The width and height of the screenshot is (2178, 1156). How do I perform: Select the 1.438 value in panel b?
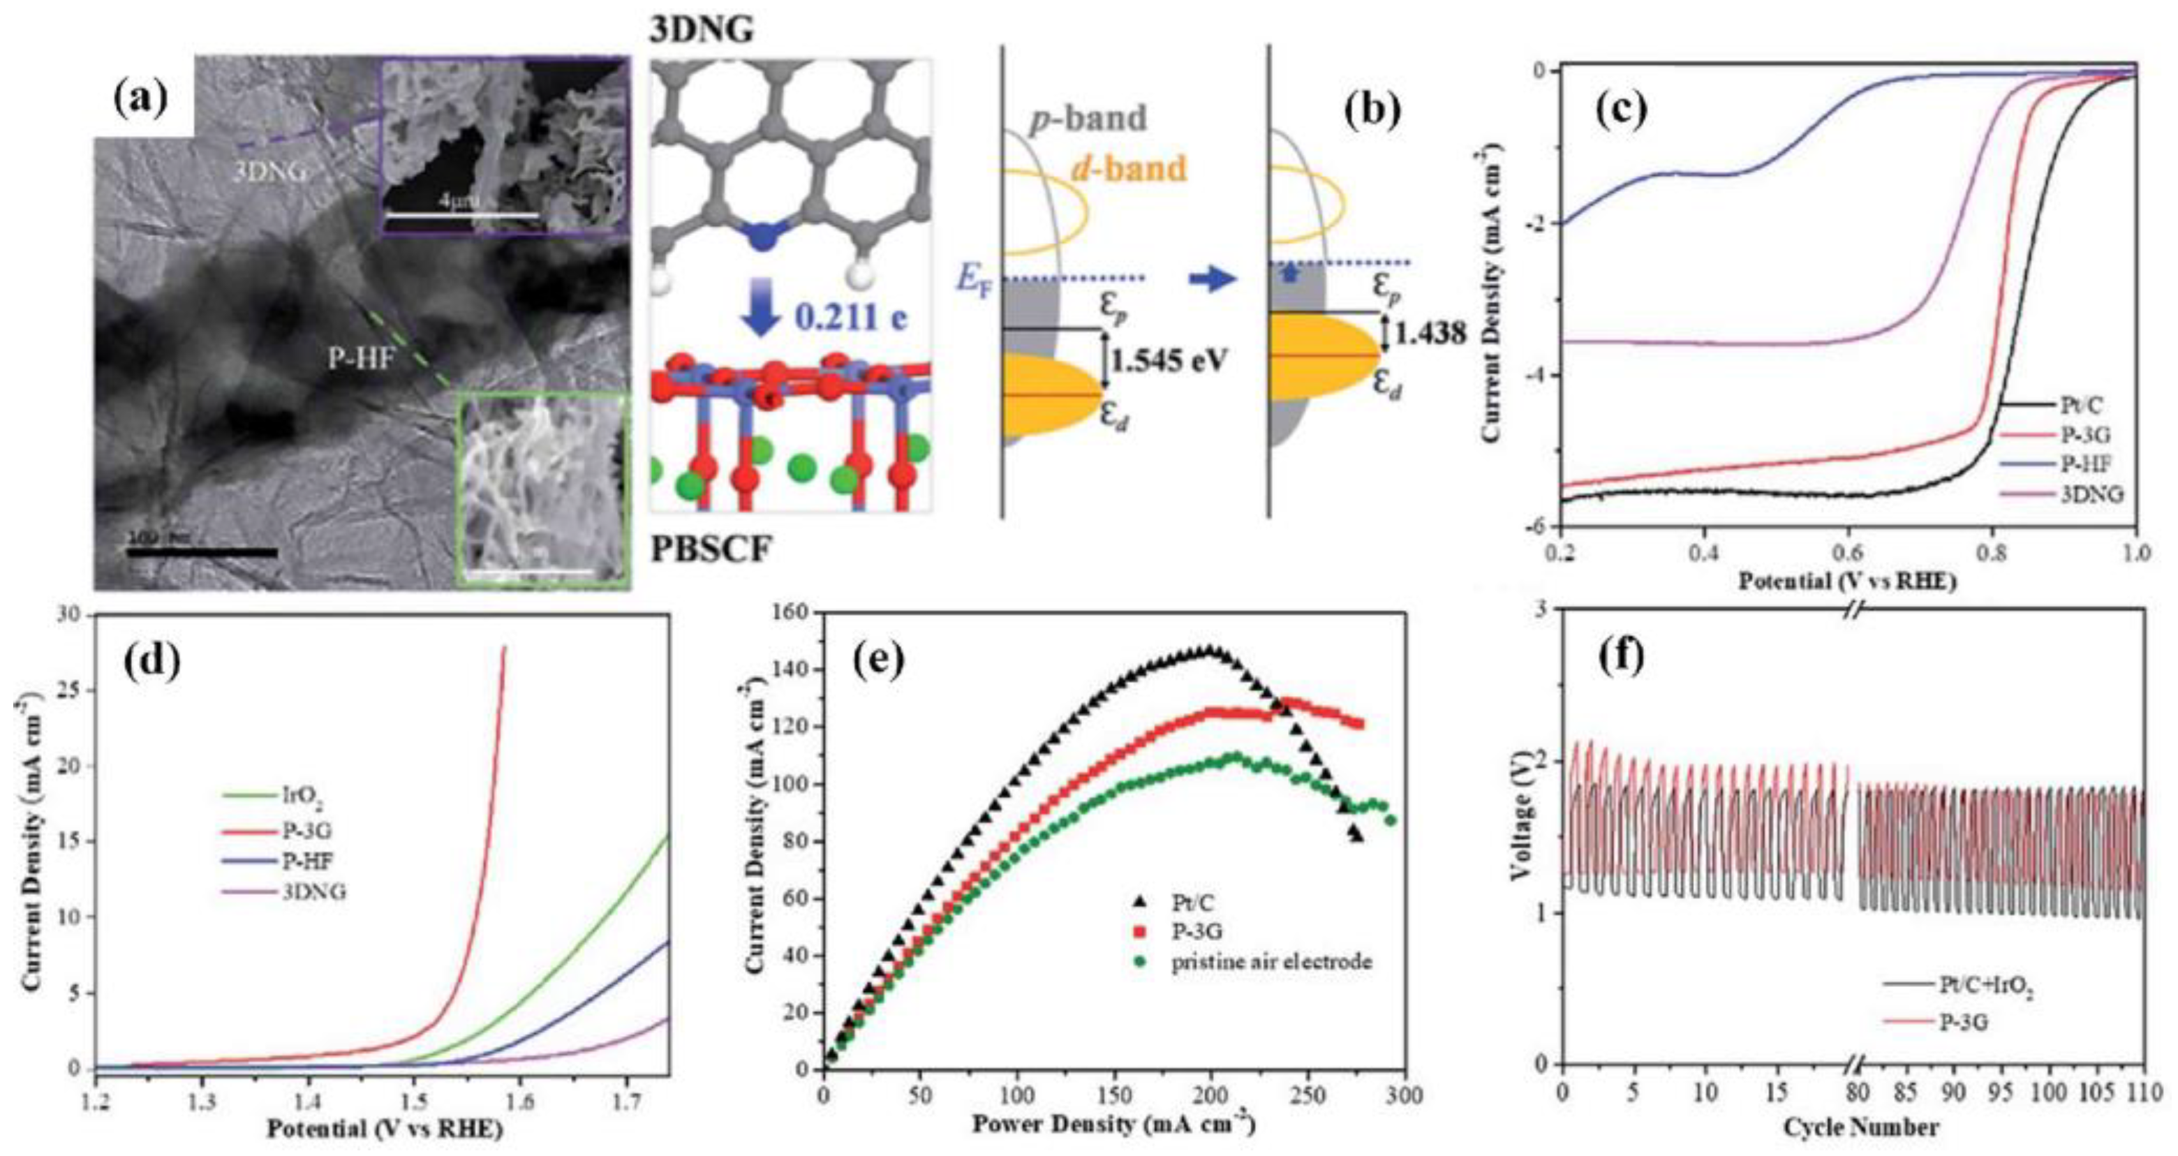click(x=1430, y=334)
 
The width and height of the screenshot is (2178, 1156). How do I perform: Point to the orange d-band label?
click(x=1124, y=169)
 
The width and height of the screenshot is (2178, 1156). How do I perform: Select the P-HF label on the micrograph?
click(x=360, y=359)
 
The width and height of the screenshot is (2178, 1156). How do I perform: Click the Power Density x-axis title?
click(x=1113, y=1125)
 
